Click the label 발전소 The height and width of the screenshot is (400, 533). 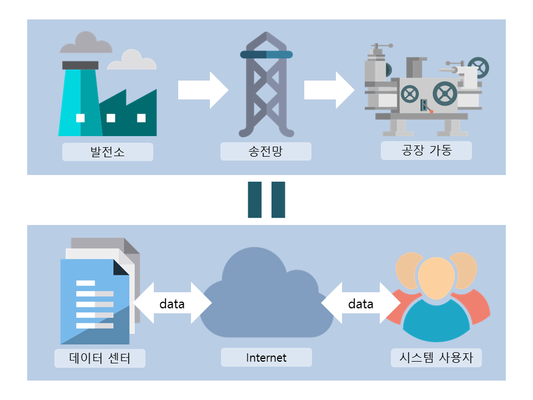click(107, 152)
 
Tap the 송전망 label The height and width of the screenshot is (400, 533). click(266, 152)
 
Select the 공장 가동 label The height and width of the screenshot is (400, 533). click(426, 151)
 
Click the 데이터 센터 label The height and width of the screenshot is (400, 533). click(100, 358)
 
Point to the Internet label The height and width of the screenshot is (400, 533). click(266, 358)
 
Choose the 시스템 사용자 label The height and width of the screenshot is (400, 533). click(436, 358)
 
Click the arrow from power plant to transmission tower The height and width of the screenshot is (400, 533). click(203, 89)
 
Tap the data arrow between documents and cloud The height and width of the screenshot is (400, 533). click(172, 304)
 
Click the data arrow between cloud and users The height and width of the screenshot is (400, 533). click(361, 304)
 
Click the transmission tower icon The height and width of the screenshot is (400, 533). click(266, 86)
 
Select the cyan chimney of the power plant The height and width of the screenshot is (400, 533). click(80, 100)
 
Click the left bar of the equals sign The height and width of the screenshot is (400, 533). click(254, 199)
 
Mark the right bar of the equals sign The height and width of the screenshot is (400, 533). click(278, 199)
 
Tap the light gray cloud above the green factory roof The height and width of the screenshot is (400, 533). click(132, 61)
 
